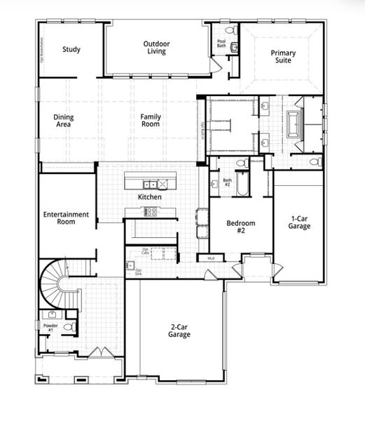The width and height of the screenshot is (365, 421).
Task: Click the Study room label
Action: pyautogui.click(x=71, y=49)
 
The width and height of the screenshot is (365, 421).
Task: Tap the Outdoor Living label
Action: pyautogui.click(x=156, y=48)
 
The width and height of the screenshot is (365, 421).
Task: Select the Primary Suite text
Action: pyautogui.click(x=283, y=57)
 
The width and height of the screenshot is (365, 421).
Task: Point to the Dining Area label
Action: pyautogui.click(x=64, y=121)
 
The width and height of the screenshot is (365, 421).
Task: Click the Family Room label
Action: pyautogui.click(x=150, y=120)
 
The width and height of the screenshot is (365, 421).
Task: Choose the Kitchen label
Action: pyautogui.click(x=149, y=197)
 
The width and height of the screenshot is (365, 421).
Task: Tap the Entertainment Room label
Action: pyautogui.click(x=66, y=218)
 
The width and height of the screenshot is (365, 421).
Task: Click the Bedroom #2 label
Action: pyautogui.click(x=240, y=227)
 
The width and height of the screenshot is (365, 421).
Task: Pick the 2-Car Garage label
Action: pyautogui.click(x=180, y=330)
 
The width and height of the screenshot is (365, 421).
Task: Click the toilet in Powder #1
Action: pyautogui.click(x=69, y=327)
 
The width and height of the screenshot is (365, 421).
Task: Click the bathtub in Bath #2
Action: pyautogui.click(x=242, y=185)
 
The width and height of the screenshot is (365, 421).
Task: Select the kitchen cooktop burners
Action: pyautogui.click(x=150, y=212)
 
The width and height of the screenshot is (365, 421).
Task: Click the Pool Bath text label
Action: pyautogui.click(x=221, y=43)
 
